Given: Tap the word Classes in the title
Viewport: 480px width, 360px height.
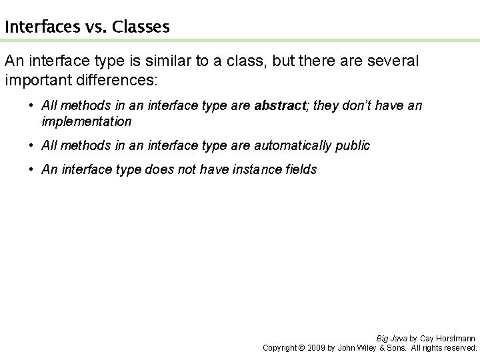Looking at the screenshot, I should [x=141, y=27].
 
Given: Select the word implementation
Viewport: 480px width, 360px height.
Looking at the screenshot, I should [x=87, y=121].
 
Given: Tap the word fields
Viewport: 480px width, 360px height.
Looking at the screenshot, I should [x=302, y=170].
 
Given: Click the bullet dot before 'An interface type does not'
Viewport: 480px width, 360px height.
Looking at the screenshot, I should [x=32, y=170].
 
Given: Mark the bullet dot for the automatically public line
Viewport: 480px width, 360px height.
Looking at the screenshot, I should [x=32, y=145].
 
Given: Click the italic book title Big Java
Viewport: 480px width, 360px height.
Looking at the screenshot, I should [x=391, y=338].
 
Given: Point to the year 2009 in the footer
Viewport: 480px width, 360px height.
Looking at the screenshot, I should [x=316, y=347].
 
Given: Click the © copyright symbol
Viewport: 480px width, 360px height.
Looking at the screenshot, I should [x=301, y=347].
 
